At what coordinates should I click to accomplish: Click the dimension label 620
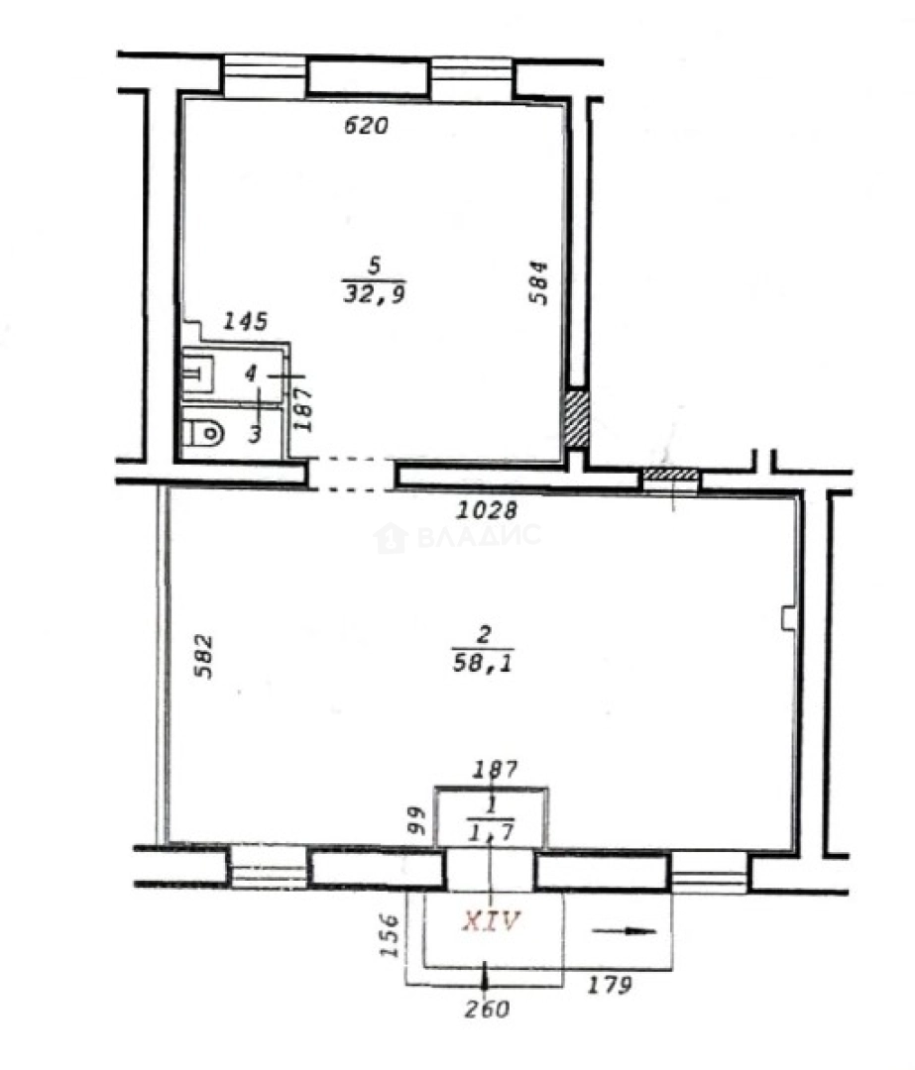click(x=366, y=126)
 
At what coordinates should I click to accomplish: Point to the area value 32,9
click(x=374, y=294)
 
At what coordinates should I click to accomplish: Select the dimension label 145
click(x=246, y=321)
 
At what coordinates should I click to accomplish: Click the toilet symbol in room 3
click(x=203, y=432)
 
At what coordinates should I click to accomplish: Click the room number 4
click(x=251, y=374)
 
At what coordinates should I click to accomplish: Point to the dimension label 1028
click(x=488, y=510)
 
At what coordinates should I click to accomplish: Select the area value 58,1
click(x=482, y=663)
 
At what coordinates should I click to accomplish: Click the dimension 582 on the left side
click(x=203, y=657)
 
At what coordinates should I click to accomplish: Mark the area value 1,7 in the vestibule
click(x=492, y=831)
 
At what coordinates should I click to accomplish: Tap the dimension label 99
click(x=416, y=820)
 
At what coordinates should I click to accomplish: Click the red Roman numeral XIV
click(x=491, y=921)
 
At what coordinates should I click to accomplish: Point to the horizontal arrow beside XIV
click(x=625, y=930)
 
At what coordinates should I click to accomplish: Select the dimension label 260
click(x=487, y=1010)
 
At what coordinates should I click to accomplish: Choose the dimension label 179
click(x=609, y=985)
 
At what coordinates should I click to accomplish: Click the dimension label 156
click(x=390, y=935)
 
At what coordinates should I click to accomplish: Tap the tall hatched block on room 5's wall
click(x=575, y=418)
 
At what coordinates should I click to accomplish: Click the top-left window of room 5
click(x=265, y=75)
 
